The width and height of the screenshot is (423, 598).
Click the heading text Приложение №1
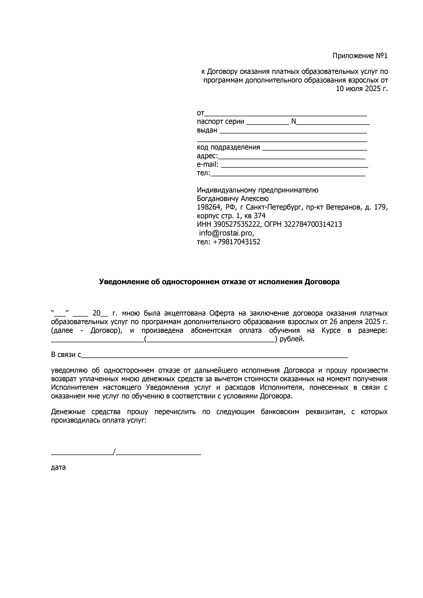pos(360,56)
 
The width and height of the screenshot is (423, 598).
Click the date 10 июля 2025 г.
pos(362,89)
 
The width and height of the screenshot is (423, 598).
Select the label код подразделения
pos(228,147)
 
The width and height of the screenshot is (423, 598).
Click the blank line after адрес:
pos(291,158)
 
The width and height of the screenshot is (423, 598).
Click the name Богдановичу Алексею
pos(233,199)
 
